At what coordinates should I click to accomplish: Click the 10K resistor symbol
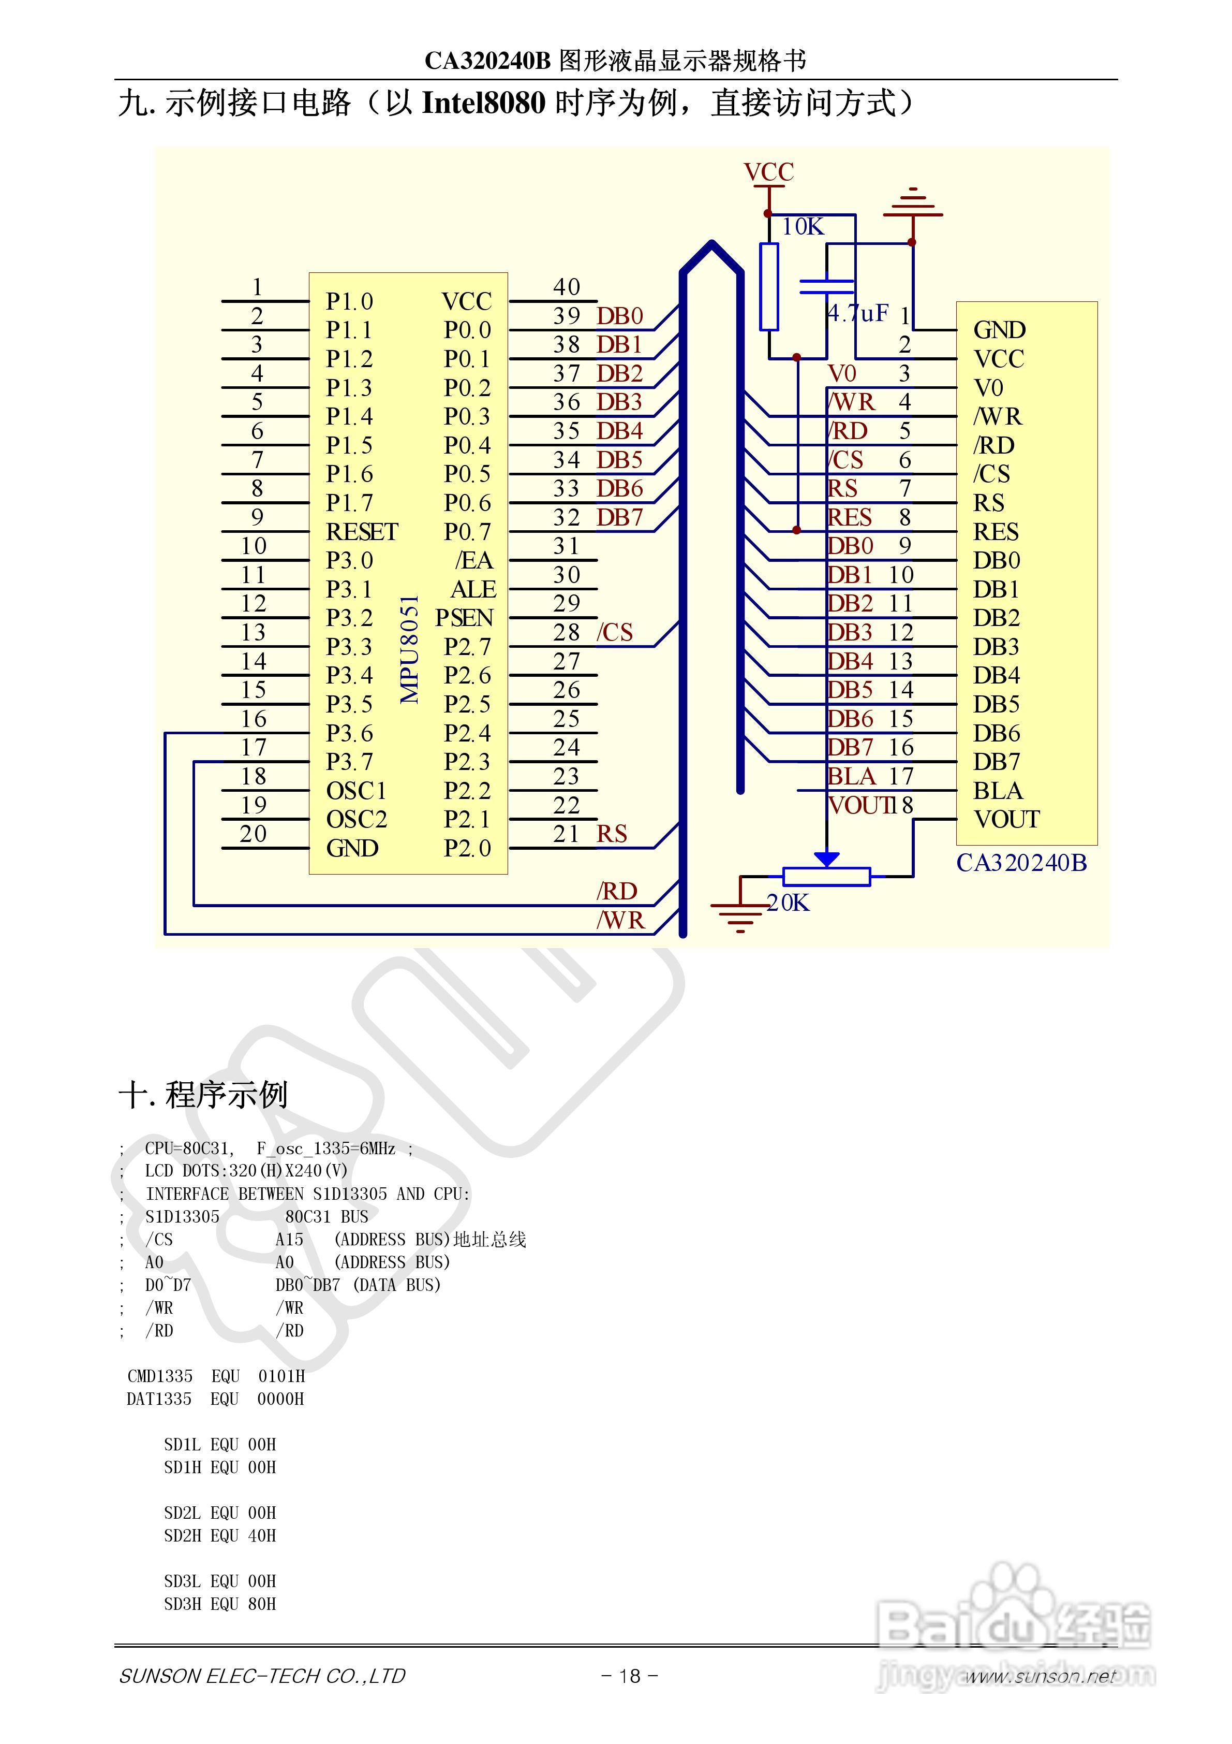click(x=769, y=286)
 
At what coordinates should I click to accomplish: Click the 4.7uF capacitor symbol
click(x=827, y=286)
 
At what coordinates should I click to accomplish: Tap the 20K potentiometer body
click(x=827, y=877)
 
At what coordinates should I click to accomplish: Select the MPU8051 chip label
click(x=410, y=649)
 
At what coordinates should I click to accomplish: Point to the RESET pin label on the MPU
click(x=362, y=532)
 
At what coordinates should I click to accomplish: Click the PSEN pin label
click(x=464, y=618)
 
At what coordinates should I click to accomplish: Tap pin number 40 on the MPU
click(x=566, y=287)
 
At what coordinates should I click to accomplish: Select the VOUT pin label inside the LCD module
click(x=1006, y=820)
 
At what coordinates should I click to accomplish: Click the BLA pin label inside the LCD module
click(x=998, y=791)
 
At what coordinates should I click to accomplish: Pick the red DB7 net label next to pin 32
click(x=619, y=517)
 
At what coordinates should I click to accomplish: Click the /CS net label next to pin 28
click(x=614, y=632)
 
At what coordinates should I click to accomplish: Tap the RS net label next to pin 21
click(x=612, y=834)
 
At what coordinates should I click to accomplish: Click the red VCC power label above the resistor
click(x=768, y=172)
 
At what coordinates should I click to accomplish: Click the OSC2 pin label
click(x=356, y=820)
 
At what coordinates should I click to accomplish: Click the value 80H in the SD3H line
click(x=262, y=1604)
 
